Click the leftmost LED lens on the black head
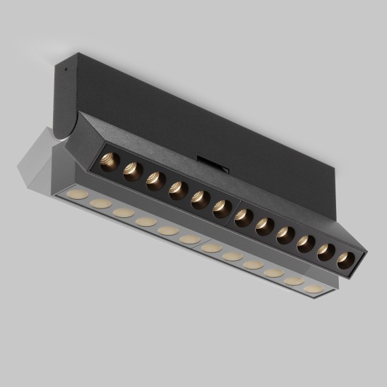pos(109,162)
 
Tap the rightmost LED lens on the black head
pos(346,259)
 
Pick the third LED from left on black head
pos(155,181)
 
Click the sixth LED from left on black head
pos(221,208)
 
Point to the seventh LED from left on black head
pos(244,218)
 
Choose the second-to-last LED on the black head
pos(327,251)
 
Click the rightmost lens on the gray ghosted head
pos(312,289)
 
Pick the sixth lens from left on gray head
pos(189,239)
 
